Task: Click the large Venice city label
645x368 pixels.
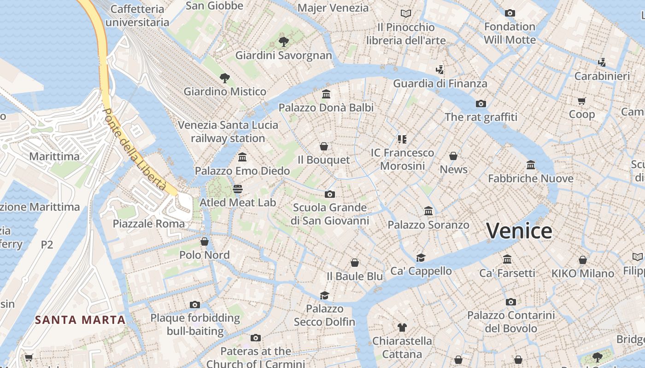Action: (x=519, y=230)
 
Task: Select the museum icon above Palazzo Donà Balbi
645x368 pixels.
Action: (x=326, y=94)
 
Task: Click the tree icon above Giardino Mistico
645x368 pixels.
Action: (x=224, y=78)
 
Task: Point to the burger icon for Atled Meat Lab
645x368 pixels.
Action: (x=238, y=189)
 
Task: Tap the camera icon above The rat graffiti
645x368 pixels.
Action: (x=481, y=103)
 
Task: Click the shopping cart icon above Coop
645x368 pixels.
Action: (x=581, y=101)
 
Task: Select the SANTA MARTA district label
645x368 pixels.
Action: (x=81, y=320)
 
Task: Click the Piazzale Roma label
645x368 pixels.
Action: (x=149, y=224)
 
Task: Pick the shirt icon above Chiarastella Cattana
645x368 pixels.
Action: (x=402, y=328)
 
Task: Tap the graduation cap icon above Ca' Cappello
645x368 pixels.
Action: (x=421, y=258)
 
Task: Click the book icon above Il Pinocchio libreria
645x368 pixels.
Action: (x=405, y=14)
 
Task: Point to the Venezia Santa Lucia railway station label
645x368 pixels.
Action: (x=228, y=132)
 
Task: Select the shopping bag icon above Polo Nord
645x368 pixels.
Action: (x=204, y=241)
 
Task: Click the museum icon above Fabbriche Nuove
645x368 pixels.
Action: (x=531, y=165)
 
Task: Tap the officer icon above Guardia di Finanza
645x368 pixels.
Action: (x=440, y=70)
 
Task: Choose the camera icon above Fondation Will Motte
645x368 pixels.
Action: (x=510, y=13)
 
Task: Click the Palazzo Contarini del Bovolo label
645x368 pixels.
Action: (x=511, y=322)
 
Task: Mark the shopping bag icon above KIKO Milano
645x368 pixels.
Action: (x=583, y=260)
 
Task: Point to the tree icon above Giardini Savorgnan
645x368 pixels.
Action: (x=284, y=42)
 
